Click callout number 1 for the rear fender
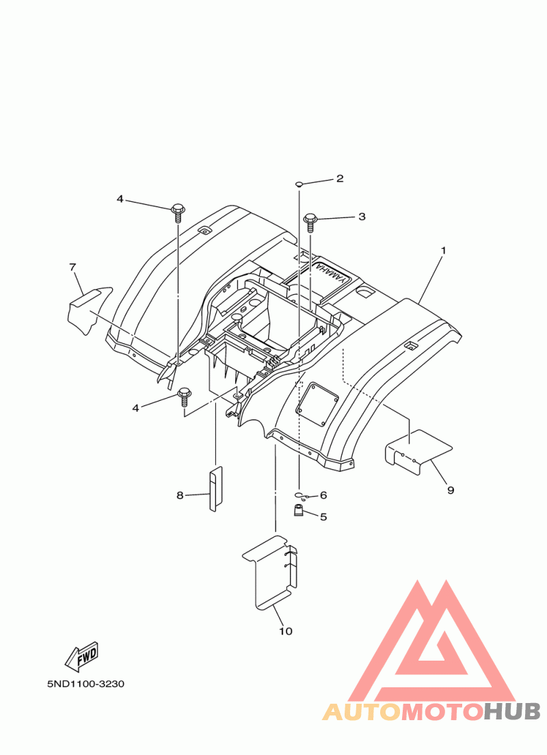click(x=444, y=250)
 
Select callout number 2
click(x=340, y=178)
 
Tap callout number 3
click(x=362, y=217)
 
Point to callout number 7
click(x=72, y=267)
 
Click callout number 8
click(x=180, y=495)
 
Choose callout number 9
click(x=451, y=490)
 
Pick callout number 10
click(x=286, y=631)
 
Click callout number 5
click(x=323, y=517)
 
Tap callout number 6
click(x=323, y=495)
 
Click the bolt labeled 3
click(x=310, y=224)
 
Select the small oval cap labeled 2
click(x=299, y=184)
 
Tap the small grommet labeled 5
click(x=299, y=510)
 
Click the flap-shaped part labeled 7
click(x=89, y=310)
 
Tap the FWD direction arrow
click(x=82, y=657)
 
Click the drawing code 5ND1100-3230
click(x=85, y=684)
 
